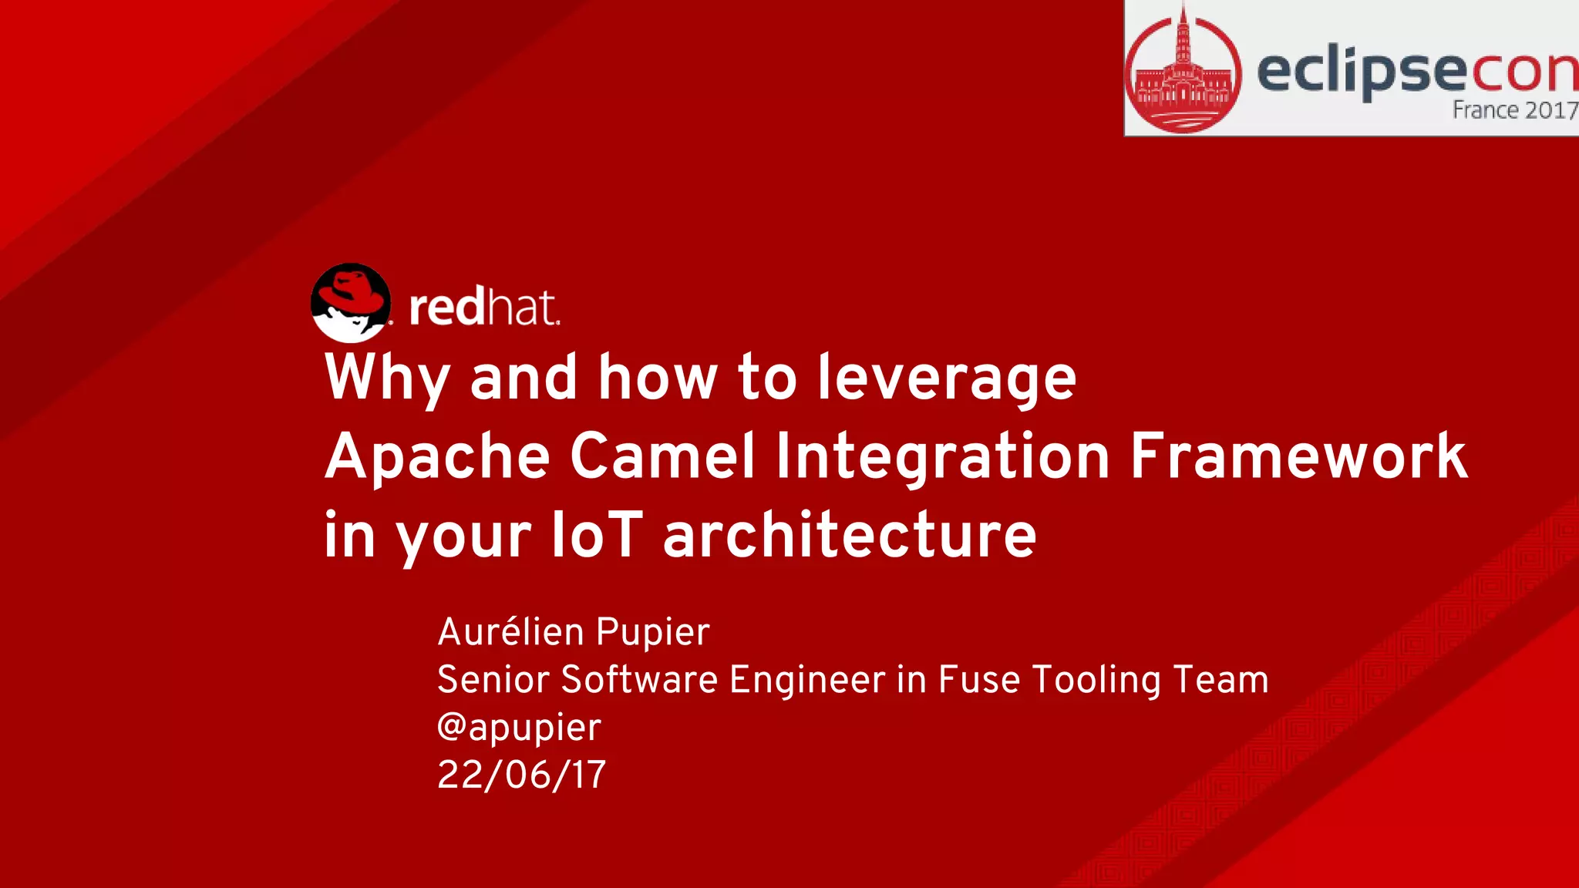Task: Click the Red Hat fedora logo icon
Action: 351,303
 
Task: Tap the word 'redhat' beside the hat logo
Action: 483,307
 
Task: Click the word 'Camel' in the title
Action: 662,456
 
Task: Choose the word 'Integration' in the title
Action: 942,456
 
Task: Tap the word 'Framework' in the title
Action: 1298,456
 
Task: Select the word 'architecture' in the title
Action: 850,535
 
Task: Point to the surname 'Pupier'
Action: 652,632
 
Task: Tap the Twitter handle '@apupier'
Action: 519,728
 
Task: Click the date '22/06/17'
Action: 522,775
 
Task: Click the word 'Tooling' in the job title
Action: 1096,680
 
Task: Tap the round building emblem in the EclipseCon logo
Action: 1183,71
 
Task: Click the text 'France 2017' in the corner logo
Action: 1514,110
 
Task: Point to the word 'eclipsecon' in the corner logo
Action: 1417,71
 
